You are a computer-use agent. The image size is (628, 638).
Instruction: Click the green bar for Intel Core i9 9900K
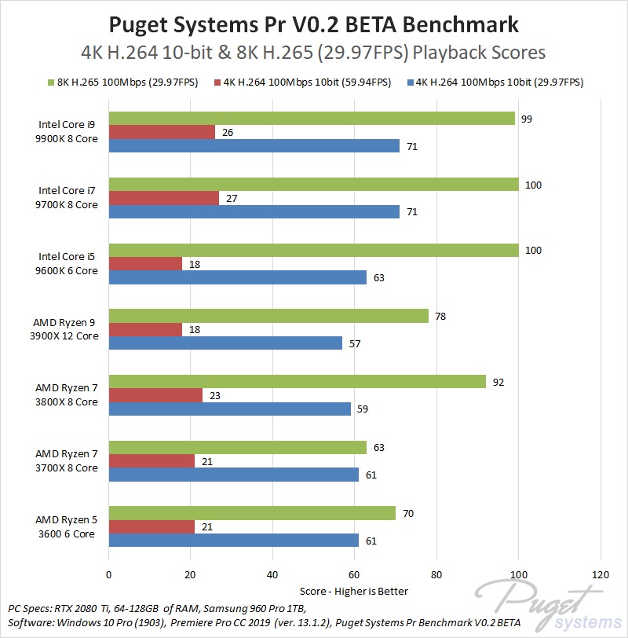[312, 119]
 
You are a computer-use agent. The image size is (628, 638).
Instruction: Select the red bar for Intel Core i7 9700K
[163, 198]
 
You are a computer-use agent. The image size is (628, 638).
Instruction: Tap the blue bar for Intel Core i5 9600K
[237, 277]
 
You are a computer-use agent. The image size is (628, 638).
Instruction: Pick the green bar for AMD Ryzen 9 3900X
[268, 316]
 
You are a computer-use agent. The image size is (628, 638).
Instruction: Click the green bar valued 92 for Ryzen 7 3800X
[297, 382]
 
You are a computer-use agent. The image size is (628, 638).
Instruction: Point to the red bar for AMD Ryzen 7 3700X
[152, 461]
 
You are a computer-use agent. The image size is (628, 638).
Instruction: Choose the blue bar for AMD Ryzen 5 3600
[233, 541]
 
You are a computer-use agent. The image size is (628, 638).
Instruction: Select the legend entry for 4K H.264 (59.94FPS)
[307, 82]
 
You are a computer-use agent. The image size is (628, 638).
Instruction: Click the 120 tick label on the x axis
[601, 574]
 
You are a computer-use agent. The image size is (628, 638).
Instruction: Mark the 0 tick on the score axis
[109, 574]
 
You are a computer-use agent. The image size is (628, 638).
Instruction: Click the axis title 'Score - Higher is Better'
[354, 591]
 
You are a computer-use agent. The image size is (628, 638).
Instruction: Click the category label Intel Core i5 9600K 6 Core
[69, 263]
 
